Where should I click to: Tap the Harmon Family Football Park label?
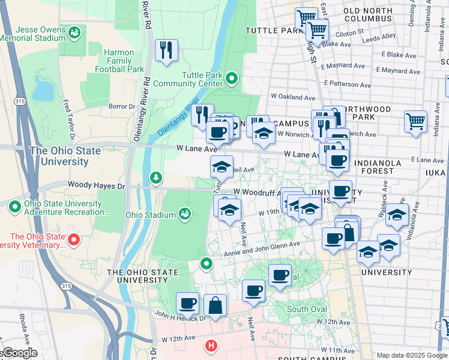tap(118, 61)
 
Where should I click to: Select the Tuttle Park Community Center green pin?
tap(232, 78)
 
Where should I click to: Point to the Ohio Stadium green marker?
tap(185, 214)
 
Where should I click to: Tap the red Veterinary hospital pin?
tap(74, 240)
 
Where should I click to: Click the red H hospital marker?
tap(211, 346)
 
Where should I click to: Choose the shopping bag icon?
tap(215, 305)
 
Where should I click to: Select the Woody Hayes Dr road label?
tap(96, 186)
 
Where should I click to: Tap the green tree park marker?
tap(156, 178)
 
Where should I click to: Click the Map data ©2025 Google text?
tap(411, 355)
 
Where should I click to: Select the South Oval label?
tap(306, 309)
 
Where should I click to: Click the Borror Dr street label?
tap(122, 106)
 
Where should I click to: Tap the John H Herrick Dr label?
tap(179, 317)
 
